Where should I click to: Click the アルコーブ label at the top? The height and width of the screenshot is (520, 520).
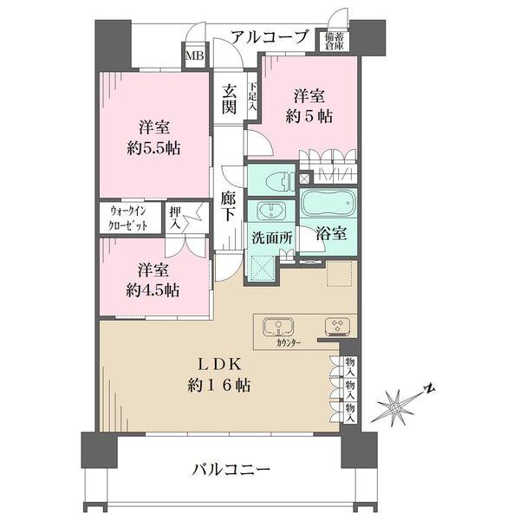[x=270, y=37]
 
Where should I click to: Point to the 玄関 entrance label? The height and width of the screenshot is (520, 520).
[x=229, y=100]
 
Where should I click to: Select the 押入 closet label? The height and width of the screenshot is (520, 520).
[x=175, y=217]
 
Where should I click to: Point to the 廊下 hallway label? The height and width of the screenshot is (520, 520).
[x=229, y=205]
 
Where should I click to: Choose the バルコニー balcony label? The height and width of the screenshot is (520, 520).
[x=231, y=469]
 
